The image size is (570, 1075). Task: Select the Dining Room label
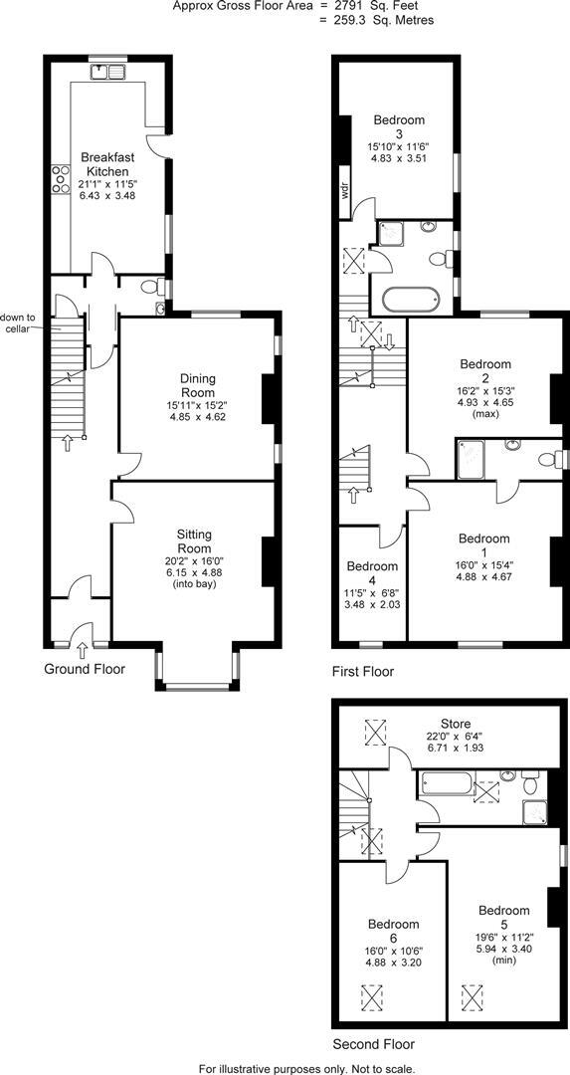(199, 378)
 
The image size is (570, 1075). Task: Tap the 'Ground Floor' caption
(85, 669)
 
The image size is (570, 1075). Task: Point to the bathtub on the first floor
(408, 299)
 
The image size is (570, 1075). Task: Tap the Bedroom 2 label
(485, 371)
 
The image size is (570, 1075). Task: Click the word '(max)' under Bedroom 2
(485, 414)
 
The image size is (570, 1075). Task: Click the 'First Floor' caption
(363, 672)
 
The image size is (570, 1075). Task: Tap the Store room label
(457, 723)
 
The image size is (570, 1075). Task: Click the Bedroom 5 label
(503, 917)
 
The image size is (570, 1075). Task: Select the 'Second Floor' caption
(373, 1044)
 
